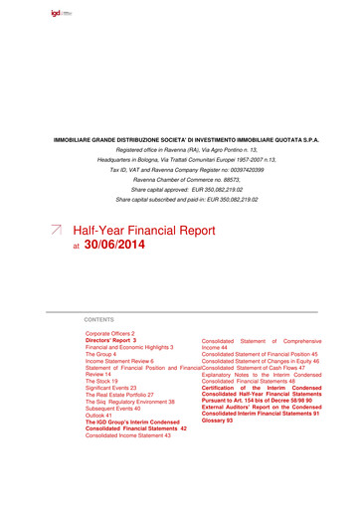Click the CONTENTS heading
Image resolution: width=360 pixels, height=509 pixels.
pos(99,319)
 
